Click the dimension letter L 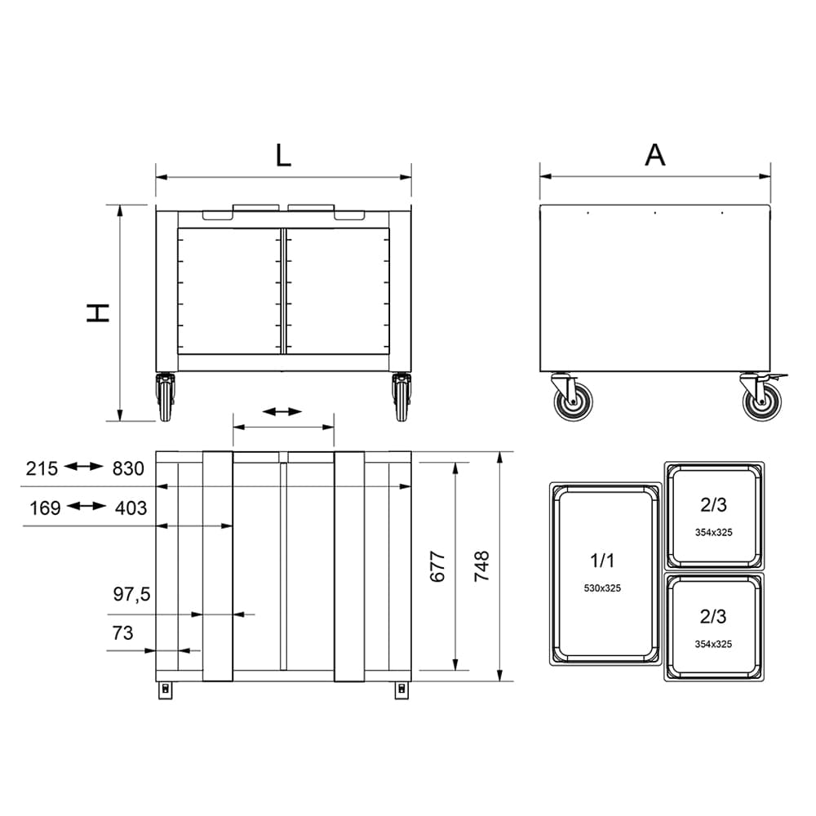coord(283,154)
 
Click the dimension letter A coord(654,154)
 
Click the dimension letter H coord(98,313)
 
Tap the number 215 coord(42,468)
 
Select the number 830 coord(128,468)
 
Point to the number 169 coord(45,508)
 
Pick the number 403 coord(131,508)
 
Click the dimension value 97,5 coord(131,594)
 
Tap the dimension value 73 coord(123,633)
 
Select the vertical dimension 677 coord(437,566)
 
